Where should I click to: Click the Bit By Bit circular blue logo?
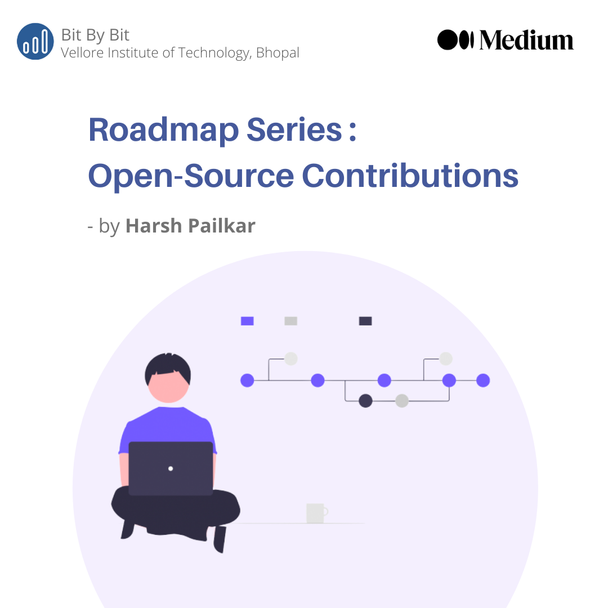[x=35, y=42]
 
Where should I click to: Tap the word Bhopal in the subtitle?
[x=278, y=53]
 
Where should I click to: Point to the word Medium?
[x=526, y=41]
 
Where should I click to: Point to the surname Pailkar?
[x=223, y=226]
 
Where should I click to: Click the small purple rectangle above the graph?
[x=247, y=321]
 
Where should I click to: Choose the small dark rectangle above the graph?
[x=365, y=321]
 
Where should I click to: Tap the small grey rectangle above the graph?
[x=290, y=321]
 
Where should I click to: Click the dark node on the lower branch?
[x=366, y=401]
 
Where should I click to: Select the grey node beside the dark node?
[x=401, y=401]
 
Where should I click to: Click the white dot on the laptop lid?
[x=171, y=468]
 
